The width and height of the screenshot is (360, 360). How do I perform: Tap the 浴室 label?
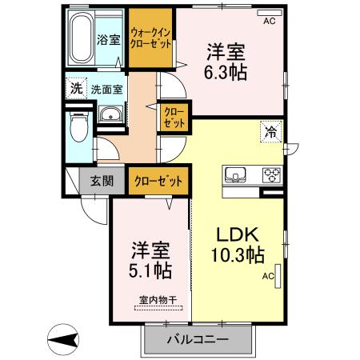pyautogui.click(x=108, y=38)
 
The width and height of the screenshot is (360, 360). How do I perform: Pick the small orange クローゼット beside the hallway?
pyautogui.click(x=174, y=118)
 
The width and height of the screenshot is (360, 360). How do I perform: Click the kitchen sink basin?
pyautogui.click(x=238, y=174)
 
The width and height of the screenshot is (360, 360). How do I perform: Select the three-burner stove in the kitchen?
pyautogui.click(x=270, y=174)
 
